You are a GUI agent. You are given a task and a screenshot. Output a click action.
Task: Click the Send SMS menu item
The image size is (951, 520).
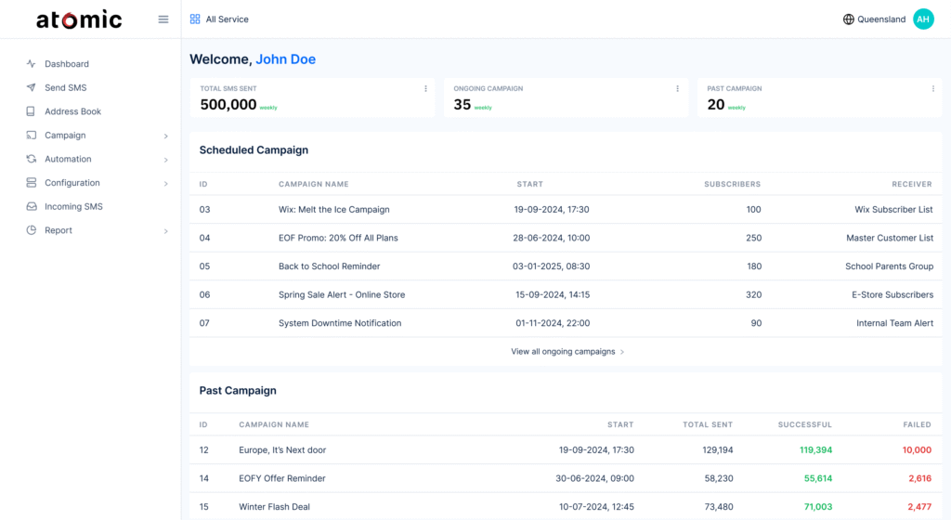pyautogui.click(x=65, y=87)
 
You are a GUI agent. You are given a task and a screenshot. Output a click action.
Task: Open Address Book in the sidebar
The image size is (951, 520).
pyautogui.click(x=72, y=111)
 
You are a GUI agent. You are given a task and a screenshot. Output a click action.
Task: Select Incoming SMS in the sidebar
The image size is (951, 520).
pyautogui.click(x=73, y=206)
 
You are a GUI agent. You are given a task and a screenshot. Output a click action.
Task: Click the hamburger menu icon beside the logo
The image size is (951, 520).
pyautogui.click(x=163, y=19)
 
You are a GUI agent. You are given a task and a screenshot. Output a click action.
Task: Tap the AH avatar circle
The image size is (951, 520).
pyautogui.click(x=923, y=19)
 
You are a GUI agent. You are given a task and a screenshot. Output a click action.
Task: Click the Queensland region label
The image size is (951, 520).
pyautogui.click(x=880, y=19)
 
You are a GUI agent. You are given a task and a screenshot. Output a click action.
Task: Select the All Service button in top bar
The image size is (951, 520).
pyautogui.click(x=219, y=19)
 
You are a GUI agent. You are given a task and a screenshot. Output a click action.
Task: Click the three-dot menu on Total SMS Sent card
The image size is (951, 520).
pyautogui.click(x=426, y=89)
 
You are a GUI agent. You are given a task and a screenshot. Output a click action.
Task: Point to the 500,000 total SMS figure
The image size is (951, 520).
pyautogui.click(x=228, y=105)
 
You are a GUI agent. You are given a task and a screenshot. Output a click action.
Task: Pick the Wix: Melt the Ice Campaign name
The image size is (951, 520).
pyautogui.click(x=333, y=210)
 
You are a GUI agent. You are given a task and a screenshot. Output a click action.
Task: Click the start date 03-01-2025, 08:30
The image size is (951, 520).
pyautogui.click(x=551, y=266)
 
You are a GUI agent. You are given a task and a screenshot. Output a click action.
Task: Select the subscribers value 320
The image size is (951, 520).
pyautogui.click(x=752, y=294)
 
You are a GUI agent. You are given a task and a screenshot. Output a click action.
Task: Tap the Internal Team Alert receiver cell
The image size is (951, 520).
pyautogui.click(x=894, y=323)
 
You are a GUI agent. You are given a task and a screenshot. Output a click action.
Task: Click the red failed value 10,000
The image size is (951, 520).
pyautogui.click(x=916, y=449)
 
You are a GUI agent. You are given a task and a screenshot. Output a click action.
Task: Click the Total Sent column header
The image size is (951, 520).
pyautogui.click(x=708, y=424)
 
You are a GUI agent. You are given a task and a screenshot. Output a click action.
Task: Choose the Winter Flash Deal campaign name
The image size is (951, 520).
pyautogui.click(x=274, y=507)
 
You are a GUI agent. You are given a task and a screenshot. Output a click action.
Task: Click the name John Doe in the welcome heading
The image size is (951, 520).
pyautogui.click(x=285, y=59)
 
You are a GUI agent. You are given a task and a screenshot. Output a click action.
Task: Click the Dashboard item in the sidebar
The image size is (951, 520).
pyautogui.click(x=67, y=64)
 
